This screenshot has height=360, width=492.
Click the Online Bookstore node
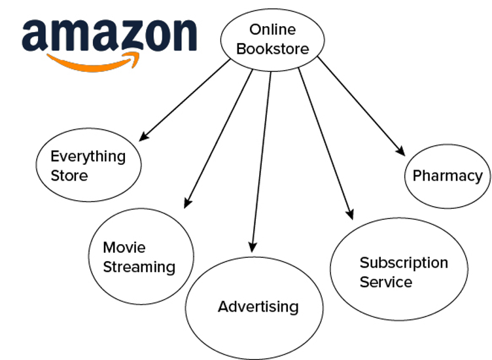[x=273, y=40]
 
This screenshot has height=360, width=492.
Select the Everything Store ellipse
[x=88, y=165]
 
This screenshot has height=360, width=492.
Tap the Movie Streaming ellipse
[x=141, y=257]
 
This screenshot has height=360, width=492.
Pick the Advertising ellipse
[x=254, y=308]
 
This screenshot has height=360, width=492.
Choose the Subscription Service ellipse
[x=399, y=269]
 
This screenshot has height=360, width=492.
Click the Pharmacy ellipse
[x=448, y=176]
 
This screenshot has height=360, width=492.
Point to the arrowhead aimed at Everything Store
[x=143, y=137]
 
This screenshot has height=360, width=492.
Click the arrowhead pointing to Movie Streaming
[x=187, y=203]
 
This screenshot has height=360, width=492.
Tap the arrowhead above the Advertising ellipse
[x=253, y=247]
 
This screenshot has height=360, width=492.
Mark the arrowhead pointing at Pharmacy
[x=400, y=151]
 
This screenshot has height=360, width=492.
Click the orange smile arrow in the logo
[x=93, y=62]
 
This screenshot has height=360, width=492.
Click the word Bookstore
[x=273, y=49]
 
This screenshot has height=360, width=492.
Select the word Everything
[x=88, y=156]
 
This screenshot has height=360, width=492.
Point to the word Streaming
[x=139, y=268]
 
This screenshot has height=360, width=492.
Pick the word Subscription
[x=404, y=262]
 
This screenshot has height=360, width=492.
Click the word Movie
[x=124, y=247]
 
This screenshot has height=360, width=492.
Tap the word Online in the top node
[x=273, y=30]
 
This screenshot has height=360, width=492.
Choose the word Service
[x=386, y=282]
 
